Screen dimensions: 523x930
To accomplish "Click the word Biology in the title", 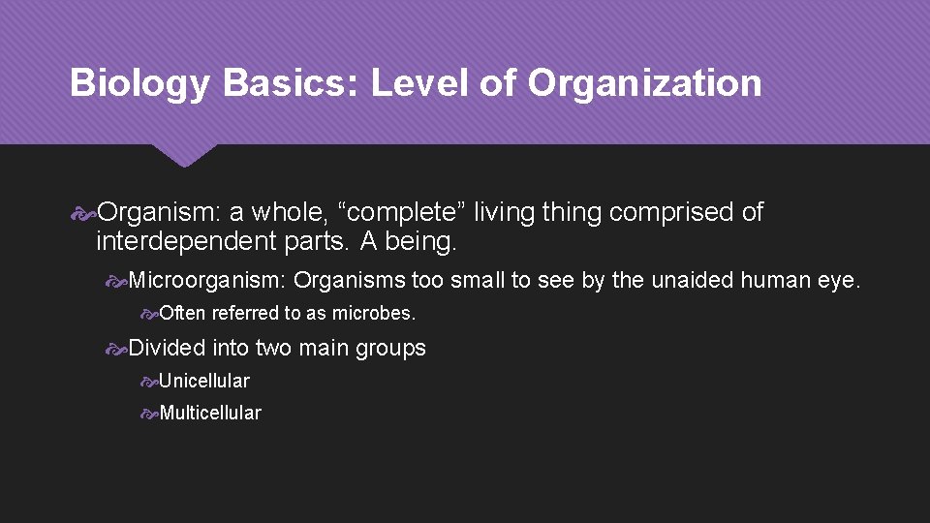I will tap(139, 84).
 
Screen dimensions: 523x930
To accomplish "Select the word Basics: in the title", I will tap(291, 83).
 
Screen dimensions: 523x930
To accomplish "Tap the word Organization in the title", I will tap(644, 83).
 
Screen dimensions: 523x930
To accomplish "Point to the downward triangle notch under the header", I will tap(184, 154).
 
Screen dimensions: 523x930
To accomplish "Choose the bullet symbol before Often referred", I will tap(148, 314).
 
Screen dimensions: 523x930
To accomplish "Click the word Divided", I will tap(167, 348).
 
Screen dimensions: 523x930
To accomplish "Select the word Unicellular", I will tap(204, 381).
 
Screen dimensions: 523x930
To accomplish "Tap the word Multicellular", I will tap(210, 413).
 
